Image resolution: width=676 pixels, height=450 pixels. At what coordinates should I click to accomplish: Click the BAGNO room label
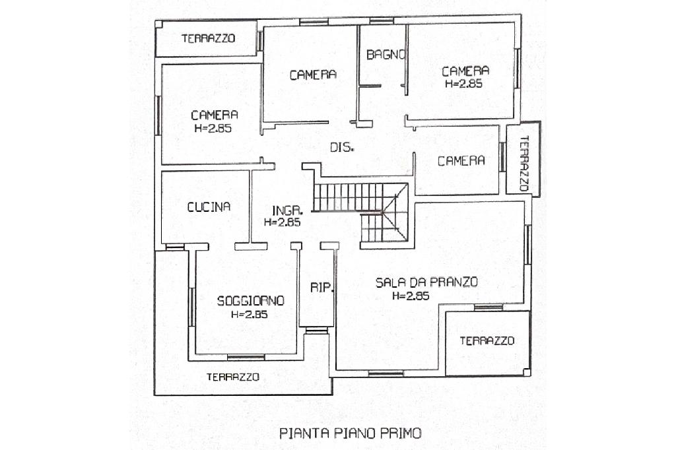(x=386, y=55)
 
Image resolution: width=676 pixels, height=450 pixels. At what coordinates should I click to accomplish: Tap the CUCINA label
(x=209, y=207)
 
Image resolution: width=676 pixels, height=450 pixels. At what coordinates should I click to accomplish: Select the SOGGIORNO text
(x=250, y=300)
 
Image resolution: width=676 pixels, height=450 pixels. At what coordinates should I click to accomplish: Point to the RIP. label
(x=322, y=288)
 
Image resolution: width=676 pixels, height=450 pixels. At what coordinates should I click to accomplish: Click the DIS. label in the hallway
(x=343, y=147)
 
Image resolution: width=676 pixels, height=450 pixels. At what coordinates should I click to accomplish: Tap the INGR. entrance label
(x=288, y=210)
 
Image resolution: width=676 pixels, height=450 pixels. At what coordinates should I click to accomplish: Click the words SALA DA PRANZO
(x=426, y=282)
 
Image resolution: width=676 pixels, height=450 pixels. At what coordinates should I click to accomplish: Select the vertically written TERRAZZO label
(x=524, y=164)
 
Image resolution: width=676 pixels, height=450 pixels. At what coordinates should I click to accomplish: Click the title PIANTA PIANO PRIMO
(x=351, y=433)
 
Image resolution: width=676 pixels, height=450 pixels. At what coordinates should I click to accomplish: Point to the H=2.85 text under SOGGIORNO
(x=249, y=314)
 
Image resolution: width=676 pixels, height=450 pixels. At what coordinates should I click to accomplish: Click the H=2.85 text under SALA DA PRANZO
(x=411, y=296)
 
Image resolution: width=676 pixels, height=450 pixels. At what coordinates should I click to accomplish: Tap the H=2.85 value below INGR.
(x=282, y=222)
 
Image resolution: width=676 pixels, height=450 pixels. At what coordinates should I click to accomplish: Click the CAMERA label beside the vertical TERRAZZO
(x=461, y=161)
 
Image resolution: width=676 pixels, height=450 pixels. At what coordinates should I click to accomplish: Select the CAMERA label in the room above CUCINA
(x=215, y=115)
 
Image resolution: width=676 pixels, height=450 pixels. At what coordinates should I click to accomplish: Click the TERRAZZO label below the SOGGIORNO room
(x=233, y=377)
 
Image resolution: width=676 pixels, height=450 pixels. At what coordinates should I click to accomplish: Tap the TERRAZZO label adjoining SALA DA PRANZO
(x=487, y=341)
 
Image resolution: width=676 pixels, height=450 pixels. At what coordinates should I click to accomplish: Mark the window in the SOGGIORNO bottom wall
(x=246, y=357)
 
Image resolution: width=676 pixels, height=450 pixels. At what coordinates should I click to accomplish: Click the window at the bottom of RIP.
(x=317, y=330)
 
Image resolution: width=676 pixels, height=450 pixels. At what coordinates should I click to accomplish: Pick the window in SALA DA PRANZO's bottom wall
(x=386, y=373)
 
